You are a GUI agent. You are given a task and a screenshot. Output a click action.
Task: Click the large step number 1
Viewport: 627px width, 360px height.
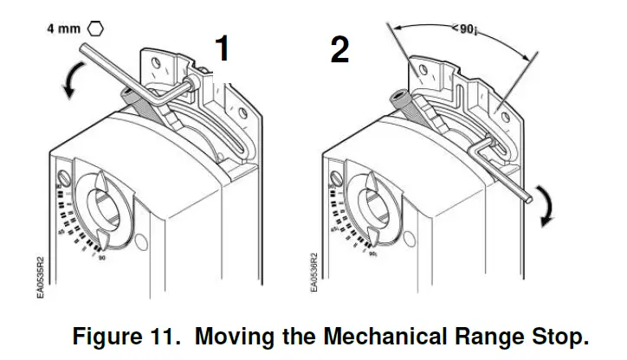pyautogui.click(x=223, y=48)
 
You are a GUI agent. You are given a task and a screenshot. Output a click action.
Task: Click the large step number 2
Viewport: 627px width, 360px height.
pyautogui.click(x=339, y=48)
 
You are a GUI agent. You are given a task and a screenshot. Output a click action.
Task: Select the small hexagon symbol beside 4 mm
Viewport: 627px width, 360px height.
pyautogui.click(x=95, y=28)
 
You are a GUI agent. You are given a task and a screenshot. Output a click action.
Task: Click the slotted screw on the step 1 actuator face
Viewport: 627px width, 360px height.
pyautogui.click(x=63, y=180)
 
